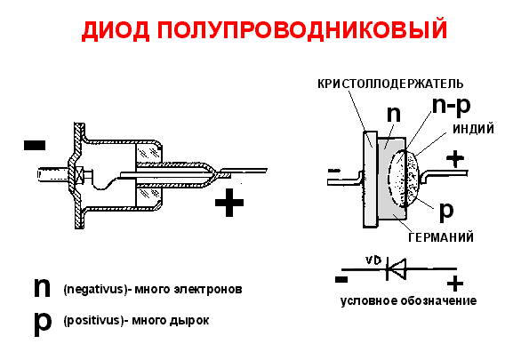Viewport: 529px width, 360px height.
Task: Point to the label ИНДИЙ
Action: tap(473, 130)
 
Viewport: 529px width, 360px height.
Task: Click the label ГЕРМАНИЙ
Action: tap(439, 237)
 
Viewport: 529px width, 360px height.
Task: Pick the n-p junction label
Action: tap(453, 107)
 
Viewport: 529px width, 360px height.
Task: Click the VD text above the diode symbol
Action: tap(374, 260)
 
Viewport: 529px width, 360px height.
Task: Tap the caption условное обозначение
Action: tap(409, 300)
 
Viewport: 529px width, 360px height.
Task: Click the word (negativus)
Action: tap(92, 290)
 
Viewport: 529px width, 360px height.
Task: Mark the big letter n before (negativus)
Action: tap(42, 287)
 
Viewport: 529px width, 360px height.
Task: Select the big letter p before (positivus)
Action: tap(42, 320)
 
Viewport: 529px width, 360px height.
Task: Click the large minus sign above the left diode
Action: tap(35, 143)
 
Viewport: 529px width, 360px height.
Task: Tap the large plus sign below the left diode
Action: tap(229, 205)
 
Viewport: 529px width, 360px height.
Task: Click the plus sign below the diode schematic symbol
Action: tap(455, 284)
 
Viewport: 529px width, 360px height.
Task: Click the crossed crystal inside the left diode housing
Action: tap(79, 174)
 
